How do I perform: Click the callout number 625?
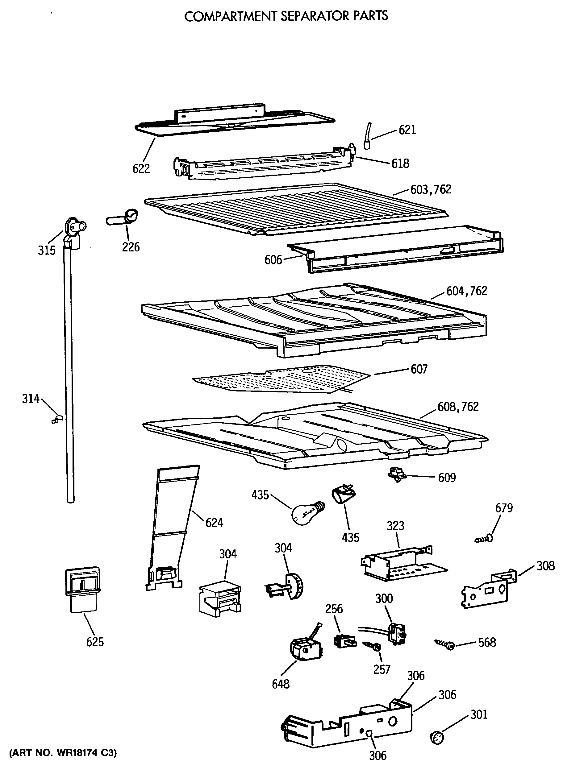point(95,642)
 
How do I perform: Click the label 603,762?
point(431,190)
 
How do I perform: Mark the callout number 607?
point(419,369)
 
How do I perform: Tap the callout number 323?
point(395,526)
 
